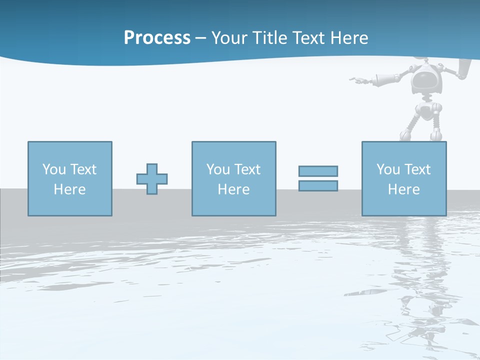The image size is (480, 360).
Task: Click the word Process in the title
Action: point(157,38)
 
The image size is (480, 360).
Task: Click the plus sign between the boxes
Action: point(152,178)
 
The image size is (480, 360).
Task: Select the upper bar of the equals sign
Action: point(318,171)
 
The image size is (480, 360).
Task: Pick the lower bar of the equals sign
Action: point(318,185)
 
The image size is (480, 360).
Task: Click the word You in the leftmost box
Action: point(54,169)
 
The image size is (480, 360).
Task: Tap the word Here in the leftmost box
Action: point(69,189)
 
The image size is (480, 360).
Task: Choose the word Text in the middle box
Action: point(247,169)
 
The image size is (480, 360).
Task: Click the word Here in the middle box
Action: point(233,189)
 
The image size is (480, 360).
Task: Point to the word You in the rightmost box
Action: point(388,169)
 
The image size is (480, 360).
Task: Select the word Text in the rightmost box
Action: point(417,169)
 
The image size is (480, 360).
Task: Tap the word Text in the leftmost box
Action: point(83,169)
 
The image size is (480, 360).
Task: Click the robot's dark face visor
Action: point(426,80)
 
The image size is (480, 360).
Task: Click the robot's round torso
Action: point(425,110)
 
